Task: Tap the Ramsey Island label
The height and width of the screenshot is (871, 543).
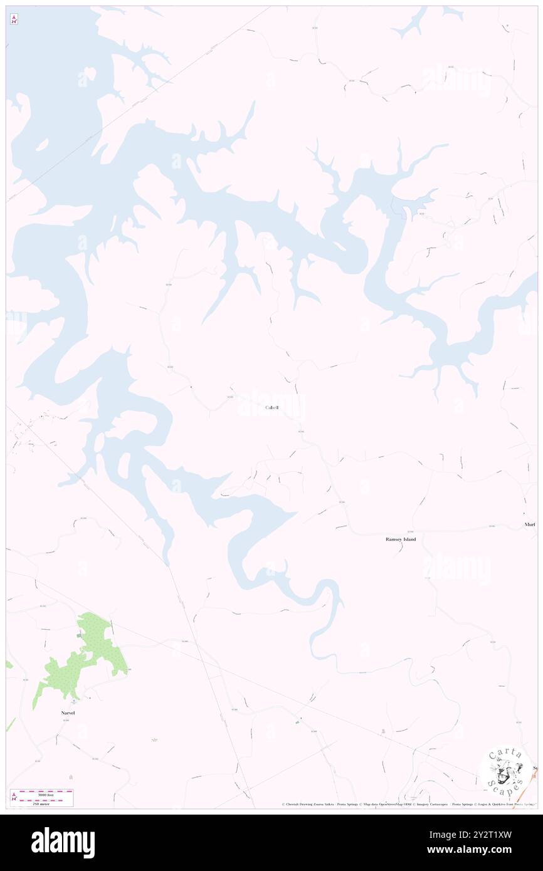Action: click(400, 539)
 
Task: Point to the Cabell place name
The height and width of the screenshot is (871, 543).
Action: click(271, 408)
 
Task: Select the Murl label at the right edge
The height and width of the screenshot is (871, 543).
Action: click(529, 524)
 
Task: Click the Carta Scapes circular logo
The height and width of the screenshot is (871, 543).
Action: click(507, 771)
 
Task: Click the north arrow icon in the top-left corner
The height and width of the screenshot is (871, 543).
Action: click(14, 19)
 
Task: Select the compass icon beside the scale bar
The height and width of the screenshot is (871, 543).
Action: click(14, 798)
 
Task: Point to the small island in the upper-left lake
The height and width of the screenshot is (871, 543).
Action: click(42, 145)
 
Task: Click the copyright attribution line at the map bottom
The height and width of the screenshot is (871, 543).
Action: click(408, 805)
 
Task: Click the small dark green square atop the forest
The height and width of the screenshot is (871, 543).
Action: click(80, 636)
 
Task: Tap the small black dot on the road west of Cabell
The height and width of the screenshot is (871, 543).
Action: click(191, 388)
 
